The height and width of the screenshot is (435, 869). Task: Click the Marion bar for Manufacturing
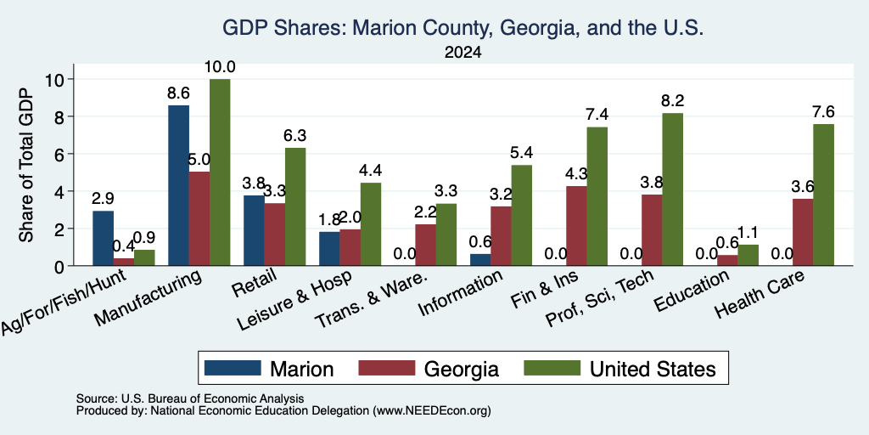pyautogui.click(x=178, y=185)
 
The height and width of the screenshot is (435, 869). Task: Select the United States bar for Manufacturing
pyautogui.click(x=220, y=172)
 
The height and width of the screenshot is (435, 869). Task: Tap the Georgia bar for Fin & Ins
pyautogui.click(x=576, y=226)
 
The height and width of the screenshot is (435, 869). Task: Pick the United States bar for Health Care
pyautogui.click(x=823, y=195)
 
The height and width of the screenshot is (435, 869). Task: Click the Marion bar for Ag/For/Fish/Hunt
pyautogui.click(x=103, y=239)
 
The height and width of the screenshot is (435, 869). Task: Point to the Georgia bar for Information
pyautogui.click(x=501, y=236)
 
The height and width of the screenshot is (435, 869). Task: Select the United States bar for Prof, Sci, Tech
pyautogui.click(x=672, y=189)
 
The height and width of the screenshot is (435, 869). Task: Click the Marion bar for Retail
pyautogui.click(x=254, y=230)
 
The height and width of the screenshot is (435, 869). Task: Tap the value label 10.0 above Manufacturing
pyautogui.click(x=220, y=67)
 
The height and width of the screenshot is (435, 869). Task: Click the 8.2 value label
pyautogui.click(x=672, y=101)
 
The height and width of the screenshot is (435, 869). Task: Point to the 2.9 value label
pyautogui.click(x=103, y=199)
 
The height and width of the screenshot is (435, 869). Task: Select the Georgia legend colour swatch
pyautogui.click(x=386, y=368)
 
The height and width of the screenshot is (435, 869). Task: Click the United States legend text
pyautogui.click(x=653, y=369)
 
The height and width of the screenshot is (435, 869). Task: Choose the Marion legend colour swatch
pyautogui.click(x=233, y=368)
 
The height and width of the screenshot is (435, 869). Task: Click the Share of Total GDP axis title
pyautogui.click(x=26, y=165)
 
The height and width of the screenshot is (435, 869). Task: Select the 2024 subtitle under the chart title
pyautogui.click(x=463, y=53)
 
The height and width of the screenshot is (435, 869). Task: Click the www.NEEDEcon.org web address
pyautogui.click(x=432, y=411)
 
